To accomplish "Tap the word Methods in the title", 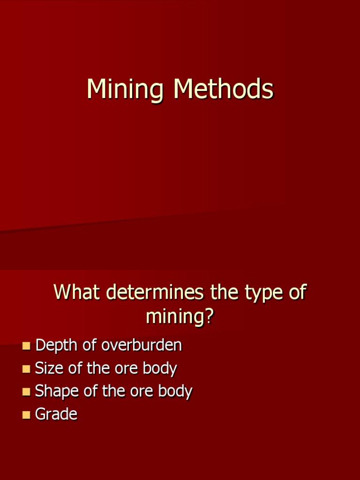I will [223, 89].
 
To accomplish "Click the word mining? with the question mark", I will [180, 316].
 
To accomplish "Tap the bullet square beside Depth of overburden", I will [26, 346].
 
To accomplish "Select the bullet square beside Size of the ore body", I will [26, 369].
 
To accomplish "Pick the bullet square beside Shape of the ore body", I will [26, 391].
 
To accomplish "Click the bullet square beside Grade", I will [26, 414].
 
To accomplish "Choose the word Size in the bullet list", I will [49, 368].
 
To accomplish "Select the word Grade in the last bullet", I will [56, 414].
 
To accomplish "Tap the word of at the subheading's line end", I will [295, 292].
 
